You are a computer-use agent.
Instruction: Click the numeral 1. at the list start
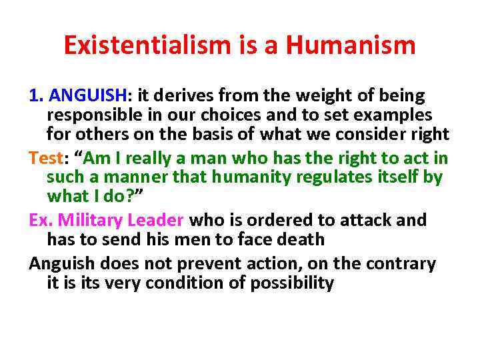37,95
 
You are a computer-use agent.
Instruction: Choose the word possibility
292,283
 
